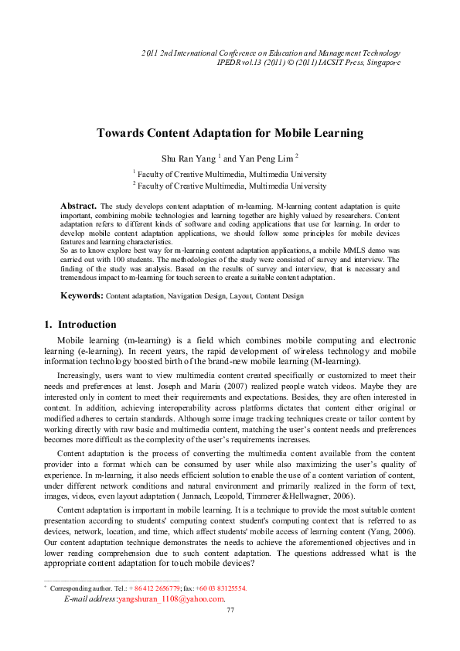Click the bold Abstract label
pyautogui.click(x=78, y=206)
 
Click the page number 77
pyautogui.click(x=230, y=611)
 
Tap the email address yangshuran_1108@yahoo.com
pyautogui.click(x=170, y=598)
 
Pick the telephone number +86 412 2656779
pyautogui.click(x=154, y=588)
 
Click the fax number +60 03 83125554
pyautogui.click(x=221, y=588)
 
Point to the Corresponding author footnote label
pyautogui.click(x=78, y=588)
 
